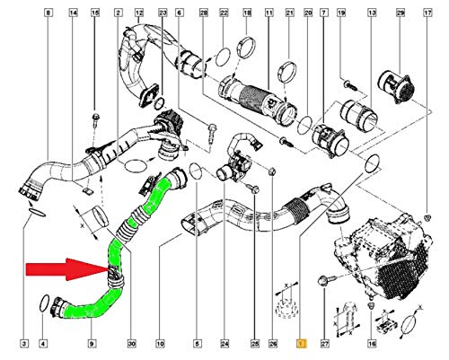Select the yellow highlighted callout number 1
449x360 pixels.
click(x=303, y=343)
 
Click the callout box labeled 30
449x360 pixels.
click(x=132, y=343)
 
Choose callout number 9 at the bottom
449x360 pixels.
click(x=91, y=343)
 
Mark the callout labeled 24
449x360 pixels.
click(x=224, y=343)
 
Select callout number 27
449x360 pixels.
click(x=326, y=343)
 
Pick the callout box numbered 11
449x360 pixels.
click(x=269, y=12)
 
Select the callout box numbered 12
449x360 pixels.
click(x=137, y=12)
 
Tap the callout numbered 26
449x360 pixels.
click(x=275, y=343)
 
